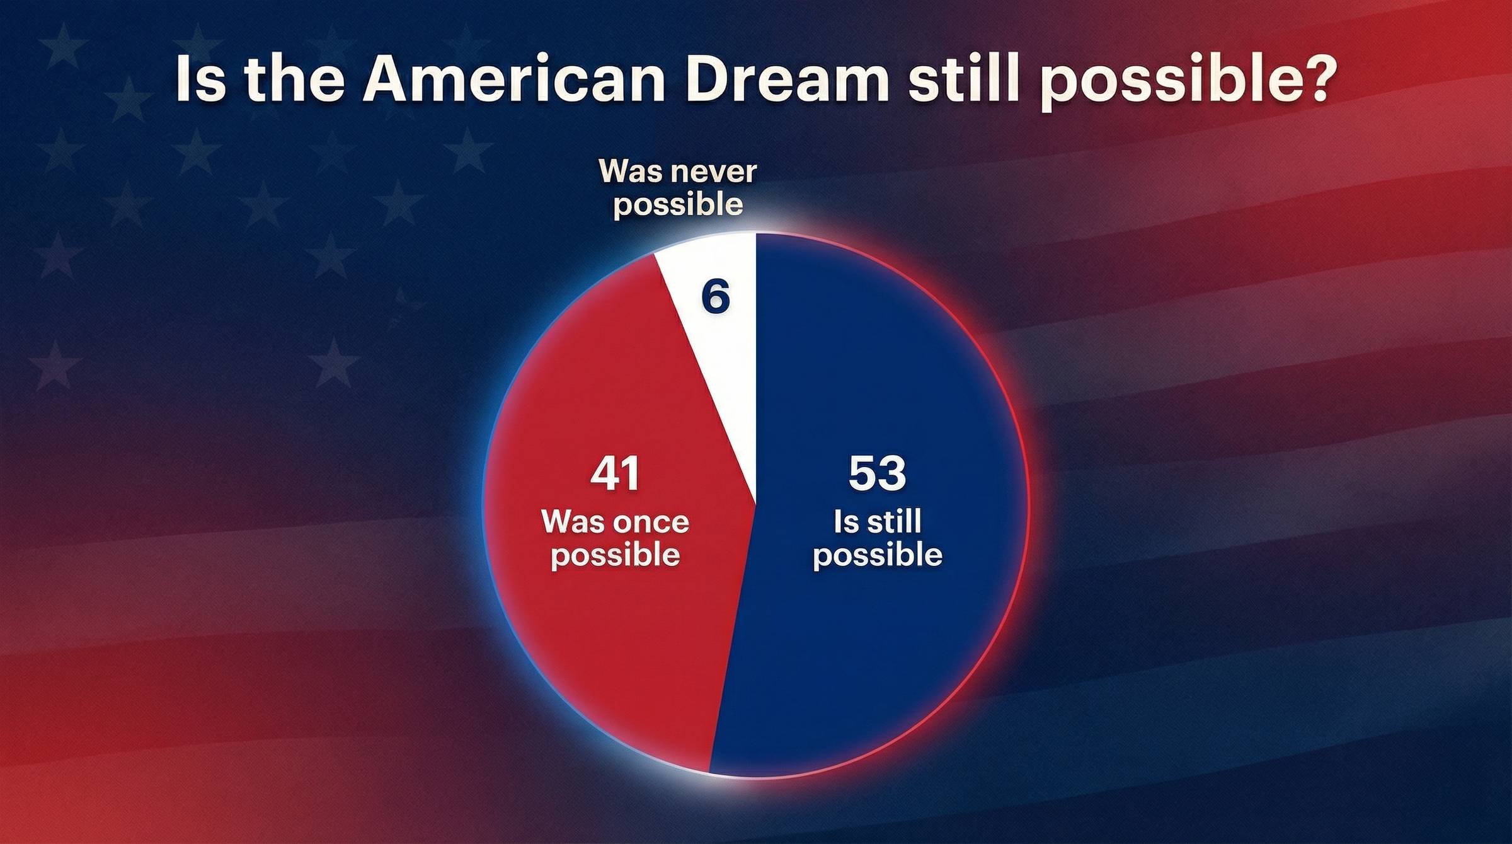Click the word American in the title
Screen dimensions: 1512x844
pos(514,80)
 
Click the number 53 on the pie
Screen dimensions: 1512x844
pos(877,473)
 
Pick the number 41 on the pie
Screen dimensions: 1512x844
pos(615,473)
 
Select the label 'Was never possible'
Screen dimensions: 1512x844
pos(678,188)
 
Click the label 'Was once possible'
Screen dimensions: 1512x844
pos(615,538)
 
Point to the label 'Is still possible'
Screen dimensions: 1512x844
pos(877,538)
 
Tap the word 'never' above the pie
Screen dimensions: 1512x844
pos(716,172)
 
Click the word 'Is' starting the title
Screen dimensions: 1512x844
pos(199,80)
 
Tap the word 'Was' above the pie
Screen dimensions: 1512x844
pos(631,171)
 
